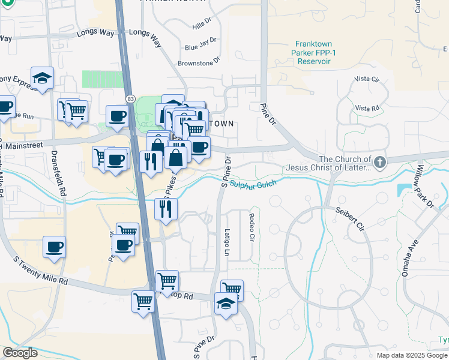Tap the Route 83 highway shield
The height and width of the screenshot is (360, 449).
[130, 98]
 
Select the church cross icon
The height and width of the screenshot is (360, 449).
[379, 162]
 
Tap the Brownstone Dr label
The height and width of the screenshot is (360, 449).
[199, 62]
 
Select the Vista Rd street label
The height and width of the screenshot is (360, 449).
[367, 108]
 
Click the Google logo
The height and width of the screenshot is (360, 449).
[19, 353]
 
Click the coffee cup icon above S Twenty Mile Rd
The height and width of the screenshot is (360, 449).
[54, 247]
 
